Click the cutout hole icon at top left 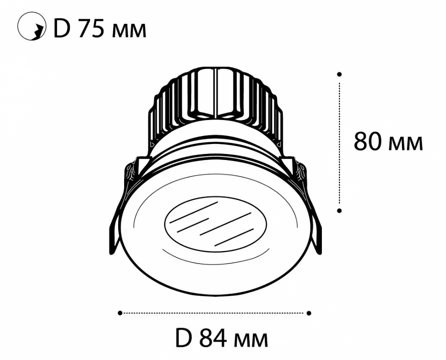click(x=32, y=26)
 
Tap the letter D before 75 click(x=62, y=28)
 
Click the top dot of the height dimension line click(x=339, y=74)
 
